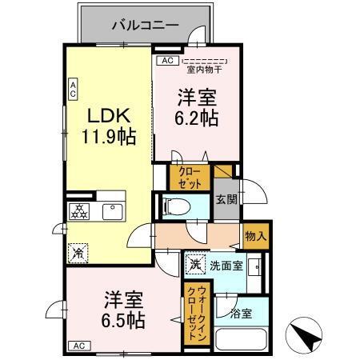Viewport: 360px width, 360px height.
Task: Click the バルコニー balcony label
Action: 132,25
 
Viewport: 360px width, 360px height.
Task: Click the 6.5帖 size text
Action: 122,320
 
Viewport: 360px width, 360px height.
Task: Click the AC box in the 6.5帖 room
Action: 79,346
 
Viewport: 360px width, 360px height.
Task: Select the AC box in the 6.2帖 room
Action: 167,60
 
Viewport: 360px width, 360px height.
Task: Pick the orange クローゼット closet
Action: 189,176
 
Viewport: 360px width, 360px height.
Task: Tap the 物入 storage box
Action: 255,237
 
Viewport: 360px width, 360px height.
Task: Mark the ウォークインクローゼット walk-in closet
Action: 194,314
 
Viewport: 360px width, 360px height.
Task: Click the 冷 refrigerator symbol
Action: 78,250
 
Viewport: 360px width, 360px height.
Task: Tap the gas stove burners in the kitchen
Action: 81,211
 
